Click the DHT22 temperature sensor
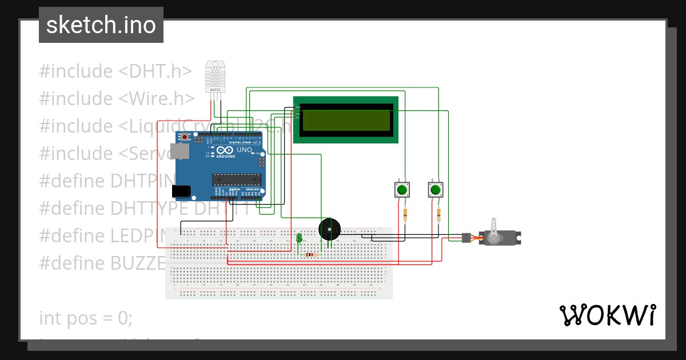click(215, 77)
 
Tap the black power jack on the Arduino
click(182, 191)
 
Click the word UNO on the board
click(244, 150)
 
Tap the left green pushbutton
click(402, 190)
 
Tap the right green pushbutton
click(436, 190)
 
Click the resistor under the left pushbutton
click(405, 215)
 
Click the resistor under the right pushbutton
click(438, 215)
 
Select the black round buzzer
click(329, 229)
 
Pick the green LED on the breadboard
click(299, 238)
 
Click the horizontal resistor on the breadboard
click(312, 255)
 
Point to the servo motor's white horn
click(494, 227)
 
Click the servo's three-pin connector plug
click(466, 237)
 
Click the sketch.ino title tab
click(101, 25)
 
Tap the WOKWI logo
click(607, 315)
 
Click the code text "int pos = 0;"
click(86, 318)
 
